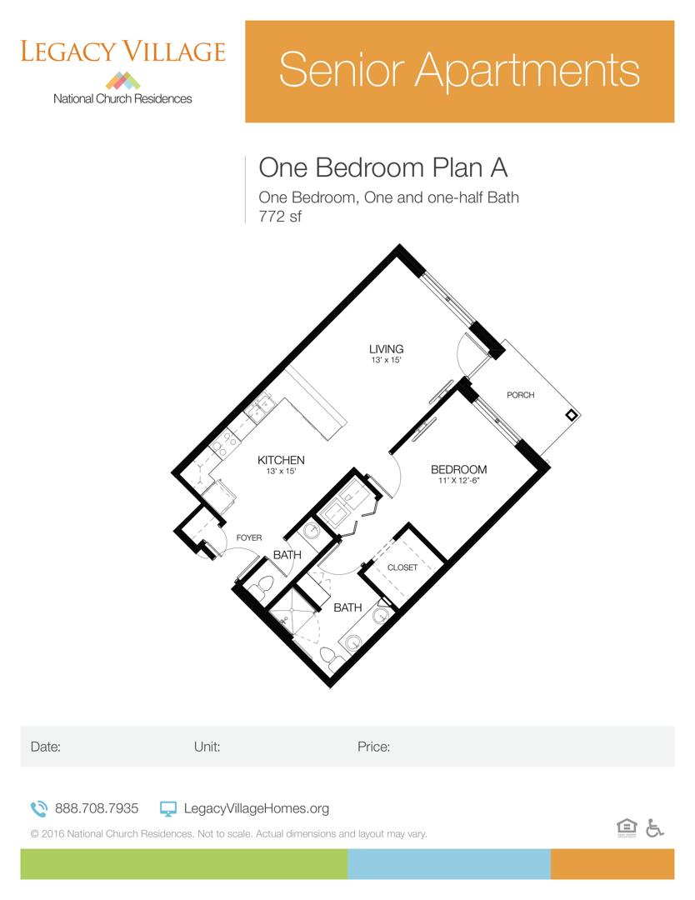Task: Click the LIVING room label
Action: (x=387, y=348)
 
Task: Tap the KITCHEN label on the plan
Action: (x=281, y=460)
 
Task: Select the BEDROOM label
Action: (x=458, y=470)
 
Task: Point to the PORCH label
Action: (x=521, y=395)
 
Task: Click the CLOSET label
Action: (x=402, y=567)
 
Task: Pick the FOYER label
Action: (x=249, y=538)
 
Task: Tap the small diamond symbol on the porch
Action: (x=571, y=415)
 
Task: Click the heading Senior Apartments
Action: (x=459, y=71)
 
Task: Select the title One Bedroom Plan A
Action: (x=383, y=167)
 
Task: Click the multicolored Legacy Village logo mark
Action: (x=123, y=80)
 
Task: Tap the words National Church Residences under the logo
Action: (x=122, y=98)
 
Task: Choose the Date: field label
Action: (x=46, y=747)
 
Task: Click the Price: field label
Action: (x=373, y=747)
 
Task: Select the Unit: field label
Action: (x=207, y=747)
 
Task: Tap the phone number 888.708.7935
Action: (x=97, y=808)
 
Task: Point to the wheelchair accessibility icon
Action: (x=654, y=827)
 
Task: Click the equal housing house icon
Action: (x=626, y=827)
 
